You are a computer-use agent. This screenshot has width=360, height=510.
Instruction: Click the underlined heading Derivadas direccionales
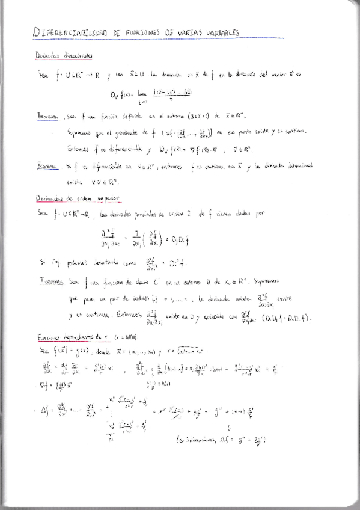tap(63, 56)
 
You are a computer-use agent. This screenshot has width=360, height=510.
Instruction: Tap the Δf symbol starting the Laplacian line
tap(43, 394)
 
